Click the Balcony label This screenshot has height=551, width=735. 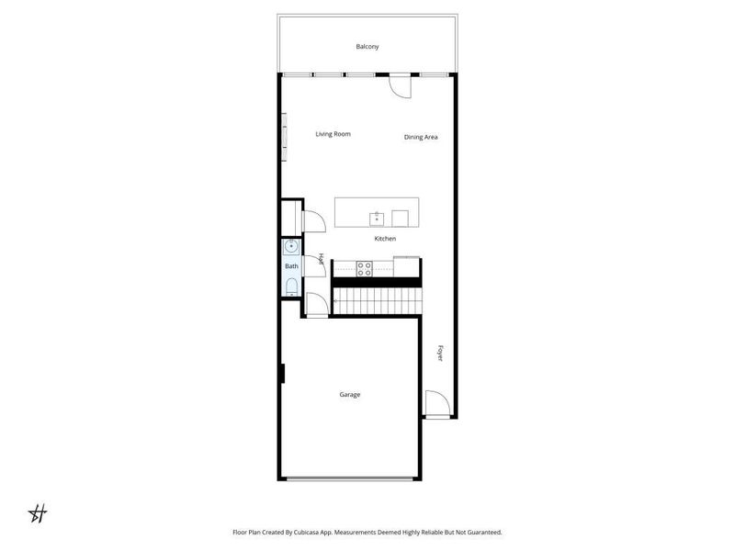point(367,47)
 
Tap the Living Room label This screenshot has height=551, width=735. point(333,134)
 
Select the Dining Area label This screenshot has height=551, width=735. point(421,138)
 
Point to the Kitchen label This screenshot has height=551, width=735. point(385,239)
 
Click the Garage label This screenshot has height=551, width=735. point(349,395)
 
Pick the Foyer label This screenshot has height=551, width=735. point(440,353)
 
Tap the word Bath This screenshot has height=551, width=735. point(291,266)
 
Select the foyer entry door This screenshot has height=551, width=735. point(436,404)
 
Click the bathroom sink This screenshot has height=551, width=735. point(291,246)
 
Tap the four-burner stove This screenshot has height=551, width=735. point(364,268)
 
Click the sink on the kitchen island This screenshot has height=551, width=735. point(377,218)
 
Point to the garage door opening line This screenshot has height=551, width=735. point(351,478)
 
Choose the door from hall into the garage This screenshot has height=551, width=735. point(314,305)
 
